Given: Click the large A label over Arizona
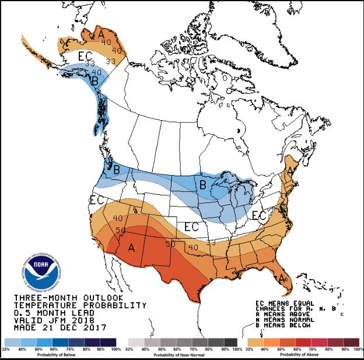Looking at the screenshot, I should (131, 248).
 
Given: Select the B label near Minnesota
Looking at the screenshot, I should (203, 186).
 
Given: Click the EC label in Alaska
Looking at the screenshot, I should (85, 57).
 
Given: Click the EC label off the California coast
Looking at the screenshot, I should (96, 201).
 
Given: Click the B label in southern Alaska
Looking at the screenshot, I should (94, 81).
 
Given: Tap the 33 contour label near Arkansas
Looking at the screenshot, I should (211, 242).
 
